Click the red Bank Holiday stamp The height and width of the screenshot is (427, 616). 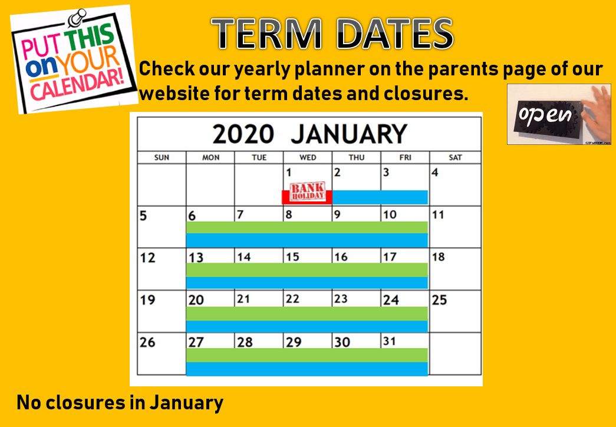point(307,192)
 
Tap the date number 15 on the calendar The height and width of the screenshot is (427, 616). point(293,257)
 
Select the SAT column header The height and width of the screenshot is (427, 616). point(455,158)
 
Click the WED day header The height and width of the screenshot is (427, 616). point(308,158)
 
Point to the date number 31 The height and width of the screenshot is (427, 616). point(389,342)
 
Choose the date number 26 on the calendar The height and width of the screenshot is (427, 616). point(148,343)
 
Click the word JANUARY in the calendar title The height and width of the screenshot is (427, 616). point(349,134)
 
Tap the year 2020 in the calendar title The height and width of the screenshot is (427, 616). point(243,134)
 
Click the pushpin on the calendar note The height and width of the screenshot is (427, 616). point(77,17)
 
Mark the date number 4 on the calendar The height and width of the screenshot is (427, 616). point(435,173)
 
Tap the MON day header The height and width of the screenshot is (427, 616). point(210,158)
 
